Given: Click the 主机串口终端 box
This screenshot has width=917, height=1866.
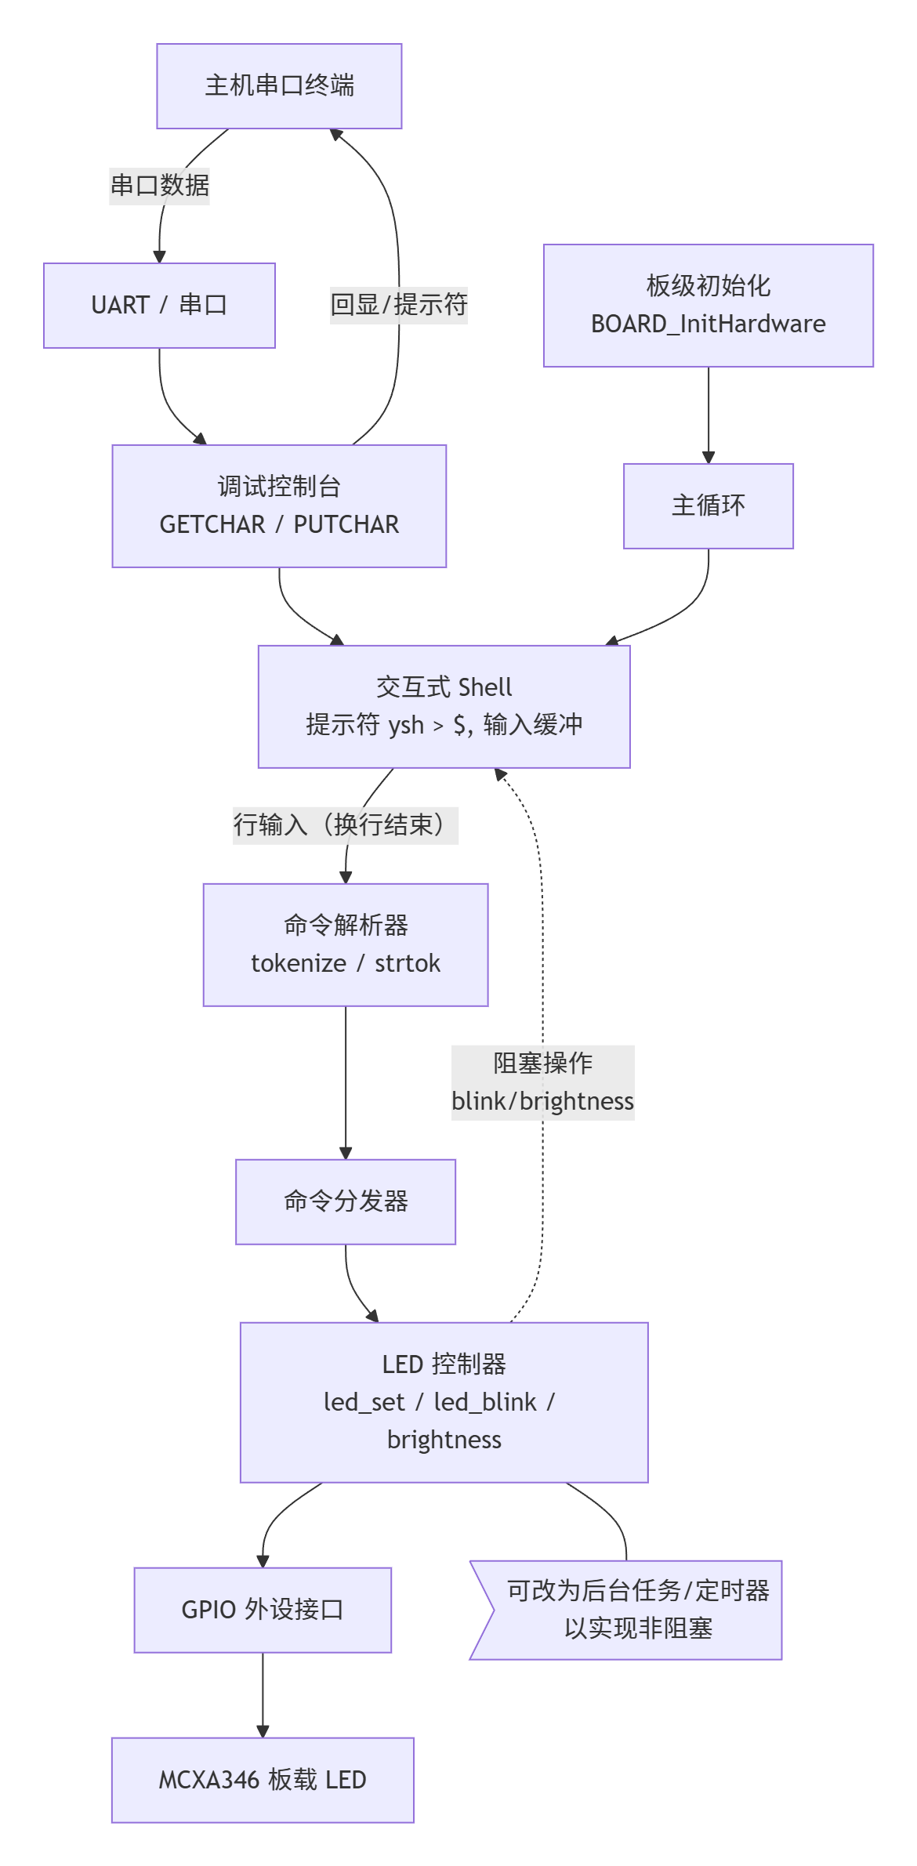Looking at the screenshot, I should point(279,86).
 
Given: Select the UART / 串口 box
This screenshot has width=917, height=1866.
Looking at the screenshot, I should point(159,306).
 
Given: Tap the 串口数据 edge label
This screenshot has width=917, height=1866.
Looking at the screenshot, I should point(160,186).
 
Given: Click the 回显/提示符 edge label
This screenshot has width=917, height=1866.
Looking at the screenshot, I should point(398,304).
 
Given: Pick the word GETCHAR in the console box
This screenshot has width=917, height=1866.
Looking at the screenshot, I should point(212,524).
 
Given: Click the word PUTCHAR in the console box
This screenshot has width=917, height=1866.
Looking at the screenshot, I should point(346,524).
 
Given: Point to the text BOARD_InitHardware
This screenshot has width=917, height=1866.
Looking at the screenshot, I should point(708,324).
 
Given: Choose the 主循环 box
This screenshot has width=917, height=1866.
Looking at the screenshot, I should point(708,506).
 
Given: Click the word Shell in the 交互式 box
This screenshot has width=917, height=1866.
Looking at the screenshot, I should point(484,687).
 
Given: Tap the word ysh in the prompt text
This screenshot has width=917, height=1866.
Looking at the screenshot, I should point(406,725).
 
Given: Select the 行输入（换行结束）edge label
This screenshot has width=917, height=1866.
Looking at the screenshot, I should point(345,825).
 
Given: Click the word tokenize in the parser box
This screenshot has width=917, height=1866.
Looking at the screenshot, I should point(299,963).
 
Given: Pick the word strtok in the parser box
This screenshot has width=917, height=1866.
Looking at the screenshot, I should point(408,963).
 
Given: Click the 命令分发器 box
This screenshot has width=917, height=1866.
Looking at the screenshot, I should point(346,1201).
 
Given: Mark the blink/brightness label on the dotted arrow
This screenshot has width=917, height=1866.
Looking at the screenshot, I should point(542,1101).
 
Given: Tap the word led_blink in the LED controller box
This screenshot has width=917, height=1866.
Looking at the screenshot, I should point(485,1402).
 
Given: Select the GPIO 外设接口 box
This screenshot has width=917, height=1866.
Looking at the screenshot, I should point(263,1610).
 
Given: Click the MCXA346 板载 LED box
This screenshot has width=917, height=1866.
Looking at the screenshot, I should point(263,1780).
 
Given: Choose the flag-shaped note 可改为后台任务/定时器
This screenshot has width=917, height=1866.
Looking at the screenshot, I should point(635,1610).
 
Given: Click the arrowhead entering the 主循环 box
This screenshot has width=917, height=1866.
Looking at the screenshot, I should point(709,458).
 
